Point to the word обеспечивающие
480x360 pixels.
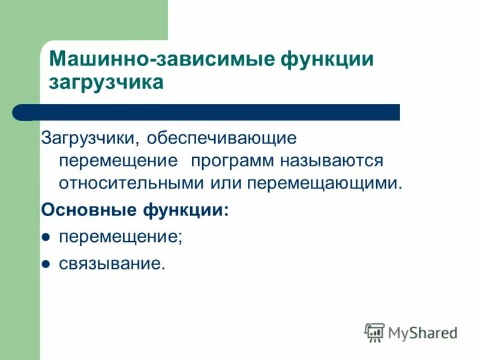point(223,139)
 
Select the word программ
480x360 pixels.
point(232,161)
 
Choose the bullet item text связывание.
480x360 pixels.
point(112,264)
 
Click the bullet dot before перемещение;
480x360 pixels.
point(45,238)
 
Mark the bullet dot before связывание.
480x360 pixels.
point(45,265)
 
